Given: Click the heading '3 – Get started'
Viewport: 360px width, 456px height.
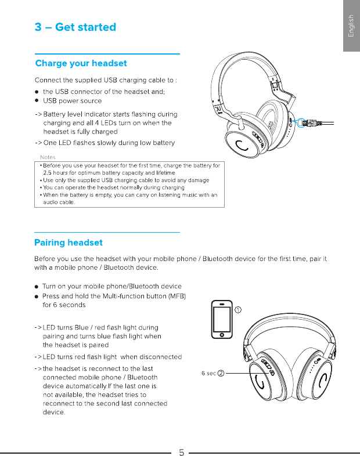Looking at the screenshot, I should click(75, 27).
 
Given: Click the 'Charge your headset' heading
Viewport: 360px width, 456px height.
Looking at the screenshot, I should click(81, 63).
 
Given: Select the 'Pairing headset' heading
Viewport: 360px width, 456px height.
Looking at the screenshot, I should click(69, 242).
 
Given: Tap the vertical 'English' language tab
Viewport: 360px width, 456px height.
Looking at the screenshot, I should click(351, 26).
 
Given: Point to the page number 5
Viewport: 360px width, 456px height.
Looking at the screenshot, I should click(181, 452).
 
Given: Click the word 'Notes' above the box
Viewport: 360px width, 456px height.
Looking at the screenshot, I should click(48, 157).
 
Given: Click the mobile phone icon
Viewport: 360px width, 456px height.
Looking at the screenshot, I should click(221, 319).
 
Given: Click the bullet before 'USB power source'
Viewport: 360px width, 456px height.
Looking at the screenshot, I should click(37, 101).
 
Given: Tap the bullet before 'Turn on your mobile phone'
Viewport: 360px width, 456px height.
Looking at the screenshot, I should click(37, 287).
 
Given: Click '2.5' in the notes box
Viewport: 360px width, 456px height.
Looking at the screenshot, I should click(48, 173).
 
